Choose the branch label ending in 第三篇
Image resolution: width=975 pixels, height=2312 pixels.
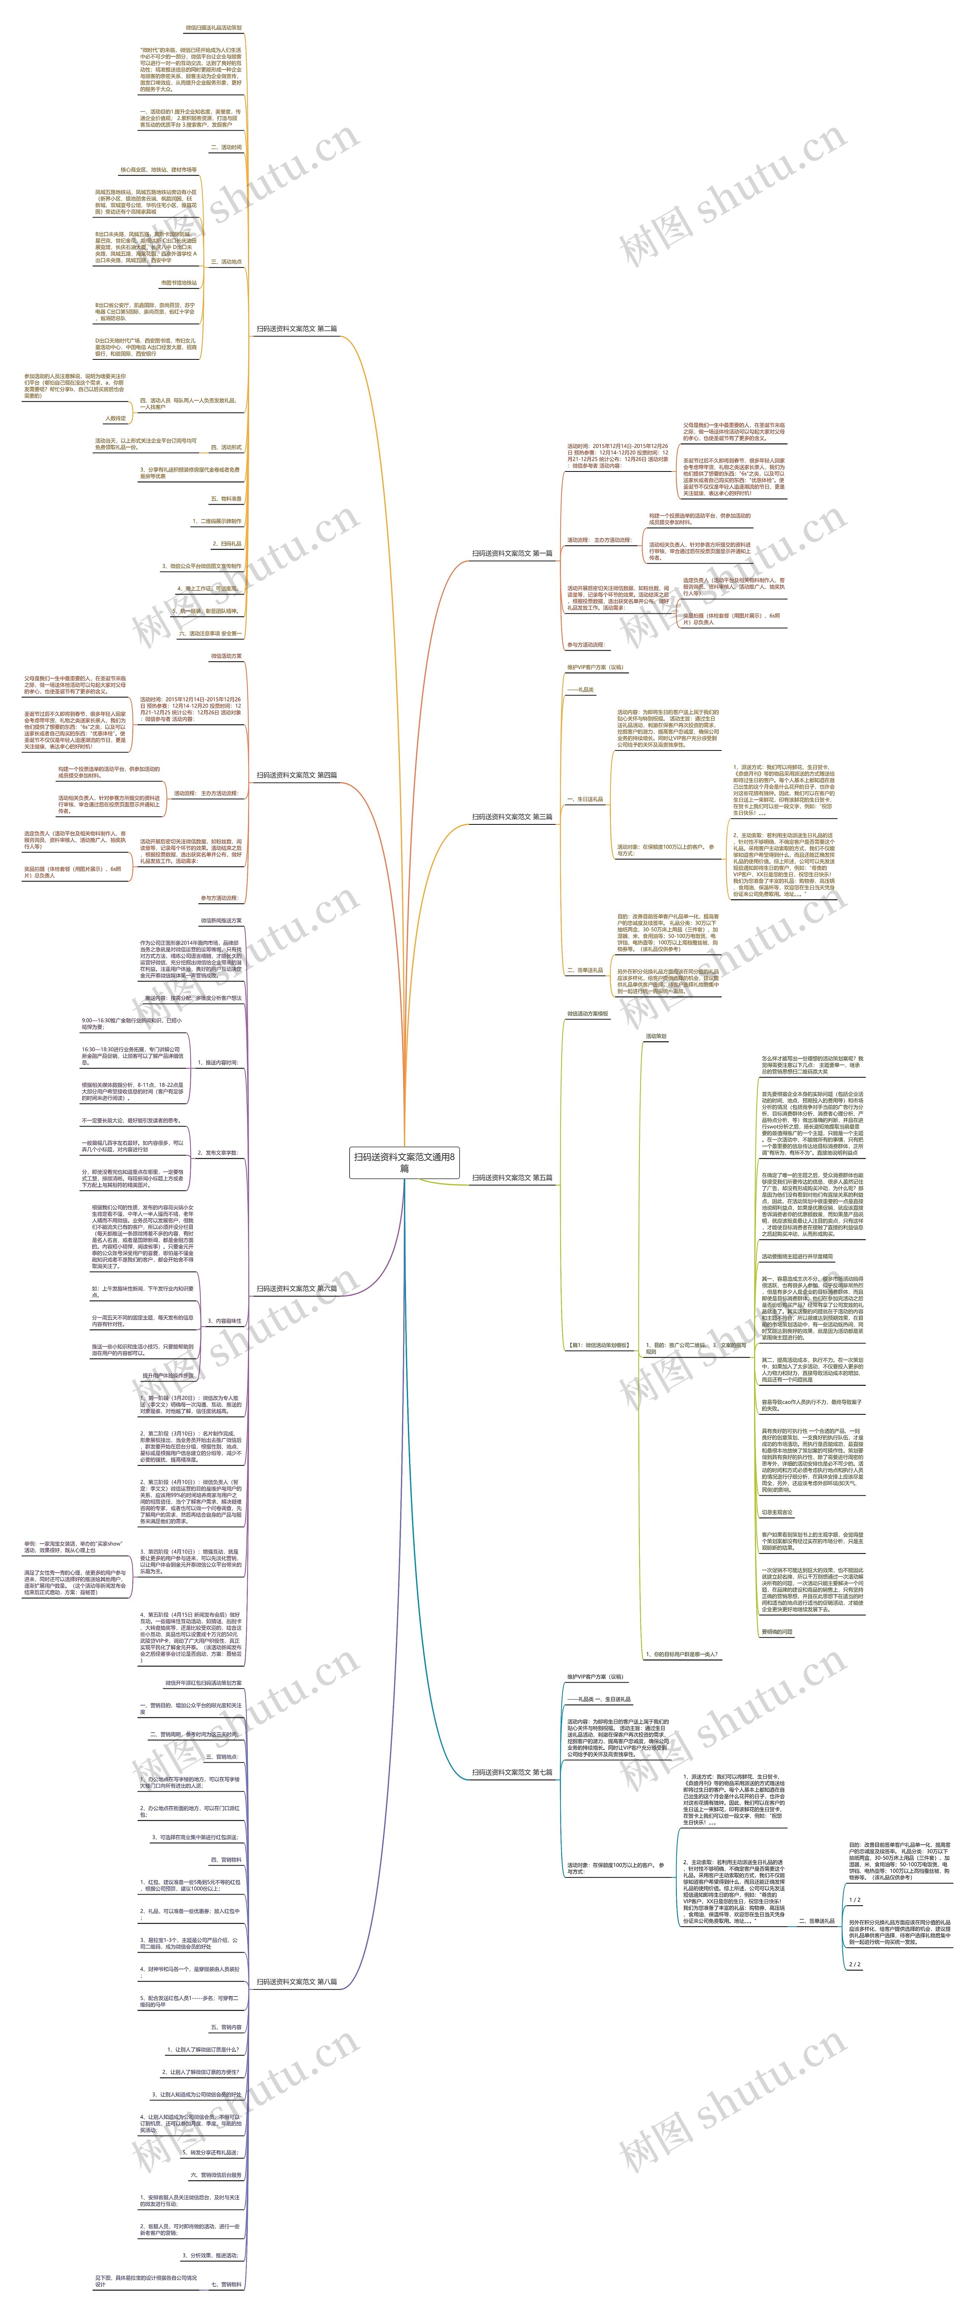point(512,817)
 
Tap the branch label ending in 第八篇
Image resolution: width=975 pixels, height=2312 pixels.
point(297,1982)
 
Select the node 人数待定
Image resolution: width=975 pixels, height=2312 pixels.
point(116,418)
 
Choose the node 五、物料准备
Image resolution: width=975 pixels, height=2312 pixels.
point(226,499)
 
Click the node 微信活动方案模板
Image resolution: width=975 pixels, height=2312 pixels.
point(588,1014)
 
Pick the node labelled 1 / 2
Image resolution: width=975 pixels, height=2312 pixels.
point(855,1900)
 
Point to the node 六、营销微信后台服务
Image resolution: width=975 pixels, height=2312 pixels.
point(215,2176)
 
